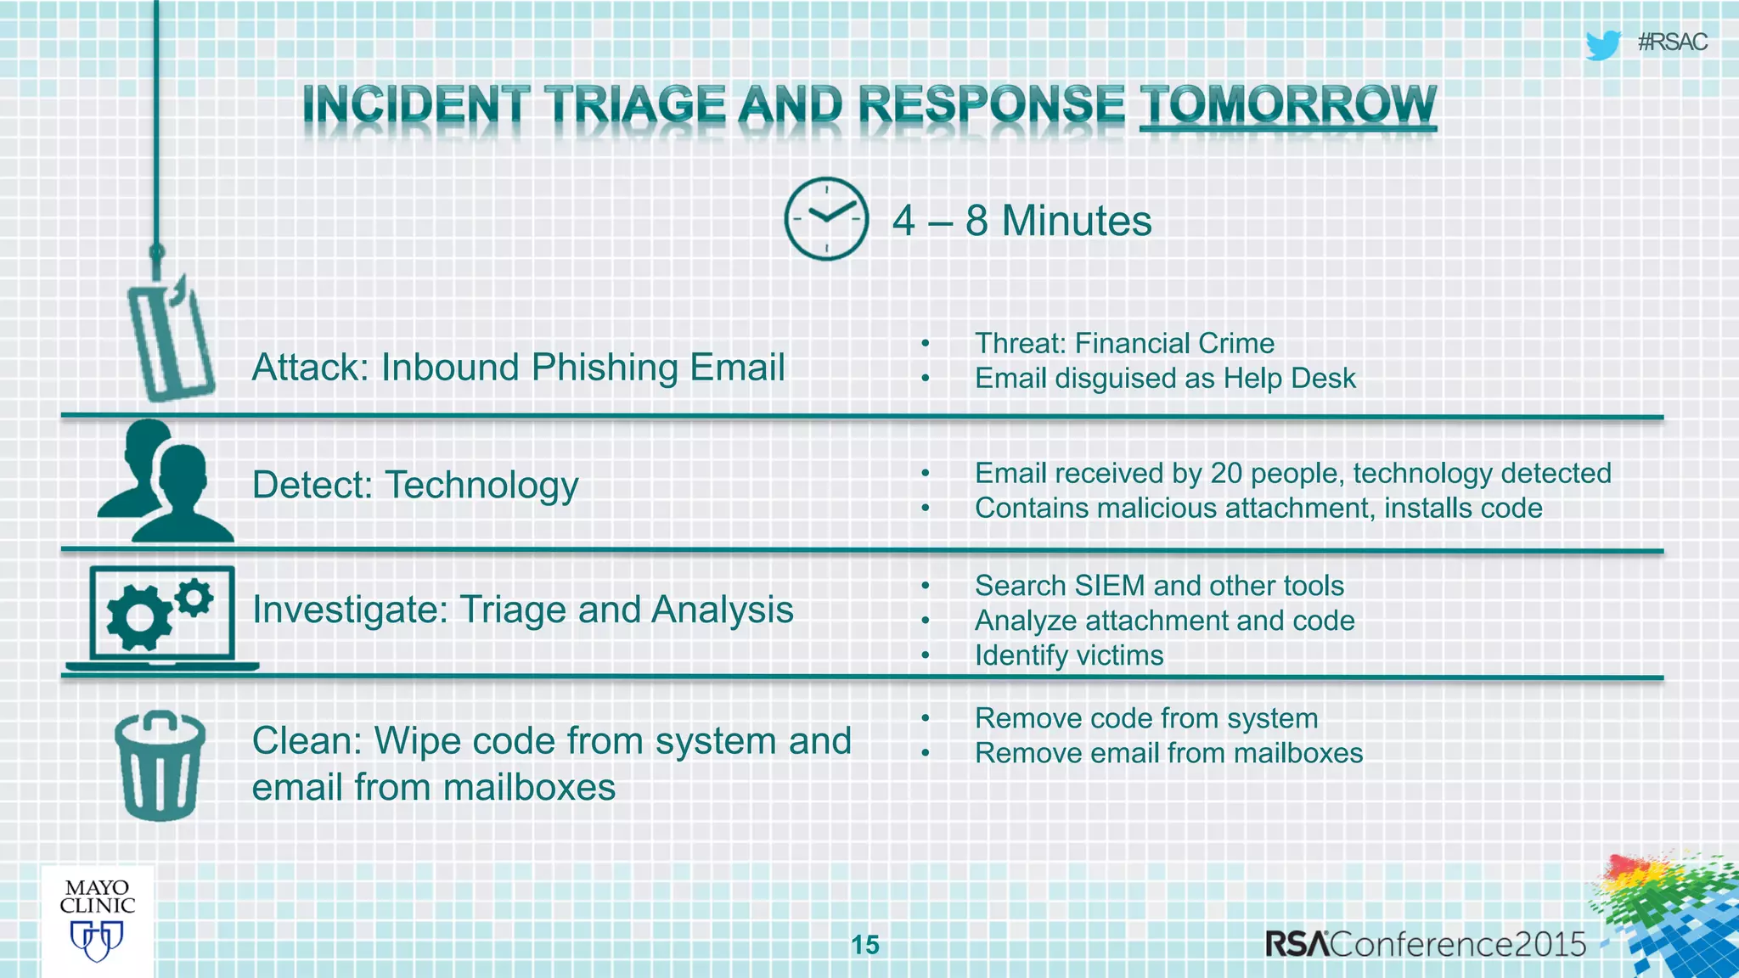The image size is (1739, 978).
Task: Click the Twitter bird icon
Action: (x=1602, y=44)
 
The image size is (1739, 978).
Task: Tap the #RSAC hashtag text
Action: (x=1672, y=42)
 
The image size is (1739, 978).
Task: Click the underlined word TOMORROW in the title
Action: (x=1287, y=105)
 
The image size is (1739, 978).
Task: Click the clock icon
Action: (x=825, y=219)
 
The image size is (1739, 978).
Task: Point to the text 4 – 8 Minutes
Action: (x=1021, y=221)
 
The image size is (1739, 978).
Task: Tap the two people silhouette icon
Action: (x=166, y=482)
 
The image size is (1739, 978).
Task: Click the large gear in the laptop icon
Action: (x=138, y=618)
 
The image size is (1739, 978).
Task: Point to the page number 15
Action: (x=865, y=945)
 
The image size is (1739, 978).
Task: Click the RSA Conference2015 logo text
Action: (x=1426, y=944)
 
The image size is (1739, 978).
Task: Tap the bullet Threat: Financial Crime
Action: (x=1124, y=343)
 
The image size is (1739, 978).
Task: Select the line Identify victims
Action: (x=1069, y=655)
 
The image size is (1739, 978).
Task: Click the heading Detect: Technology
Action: (x=415, y=486)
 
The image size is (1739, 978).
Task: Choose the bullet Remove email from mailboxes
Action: (x=1168, y=753)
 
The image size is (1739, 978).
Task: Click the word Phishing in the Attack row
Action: (x=605, y=368)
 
